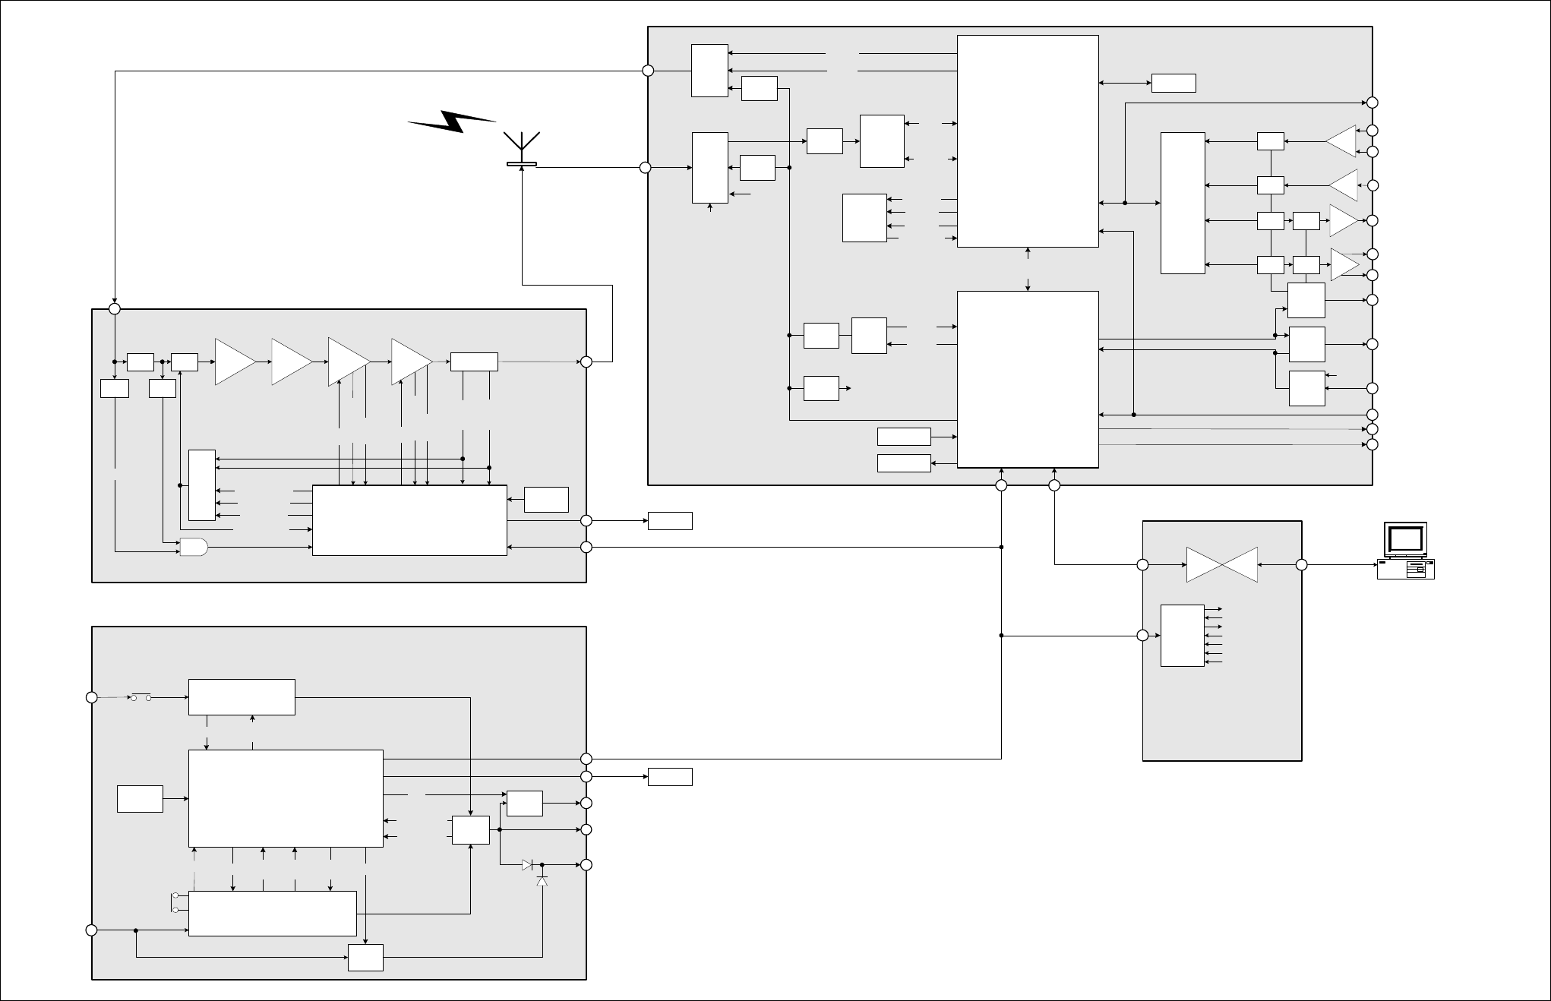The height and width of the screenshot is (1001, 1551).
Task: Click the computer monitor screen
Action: (1405, 538)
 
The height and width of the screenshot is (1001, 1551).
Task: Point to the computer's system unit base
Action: (1406, 570)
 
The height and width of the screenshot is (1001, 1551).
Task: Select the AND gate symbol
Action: (193, 547)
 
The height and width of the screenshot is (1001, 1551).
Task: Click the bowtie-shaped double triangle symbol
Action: (1221, 565)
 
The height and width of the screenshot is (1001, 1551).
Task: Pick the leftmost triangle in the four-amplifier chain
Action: (235, 362)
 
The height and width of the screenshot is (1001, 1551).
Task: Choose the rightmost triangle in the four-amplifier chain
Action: (411, 362)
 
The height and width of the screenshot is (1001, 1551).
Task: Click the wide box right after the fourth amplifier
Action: (474, 362)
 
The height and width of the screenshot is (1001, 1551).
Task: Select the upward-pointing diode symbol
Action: (542, 880)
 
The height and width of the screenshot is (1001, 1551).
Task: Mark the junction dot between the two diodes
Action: (542, 864)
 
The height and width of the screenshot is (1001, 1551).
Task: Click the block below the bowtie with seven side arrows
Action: (1182, 636)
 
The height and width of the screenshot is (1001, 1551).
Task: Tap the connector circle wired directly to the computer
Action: (1301, 565)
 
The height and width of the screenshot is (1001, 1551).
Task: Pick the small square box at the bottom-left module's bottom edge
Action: (365, 957)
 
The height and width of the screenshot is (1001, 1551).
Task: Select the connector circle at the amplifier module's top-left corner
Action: (115, 309)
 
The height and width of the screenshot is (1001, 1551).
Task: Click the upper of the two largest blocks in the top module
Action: (1028, 141)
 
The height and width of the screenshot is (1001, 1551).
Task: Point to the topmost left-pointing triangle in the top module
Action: (1341, 141)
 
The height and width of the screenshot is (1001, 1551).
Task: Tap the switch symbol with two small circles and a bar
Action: (141, 696)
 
